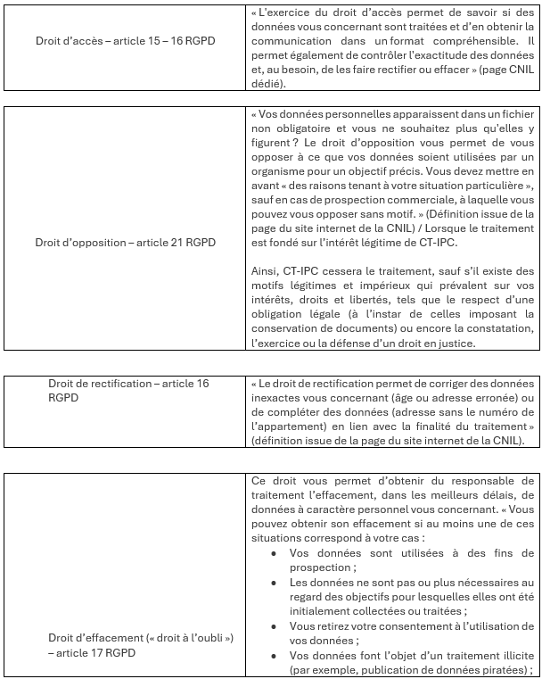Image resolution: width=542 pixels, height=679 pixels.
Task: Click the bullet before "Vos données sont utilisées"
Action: tap(273, 553)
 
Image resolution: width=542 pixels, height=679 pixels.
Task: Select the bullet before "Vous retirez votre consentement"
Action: tap(273, 625)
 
